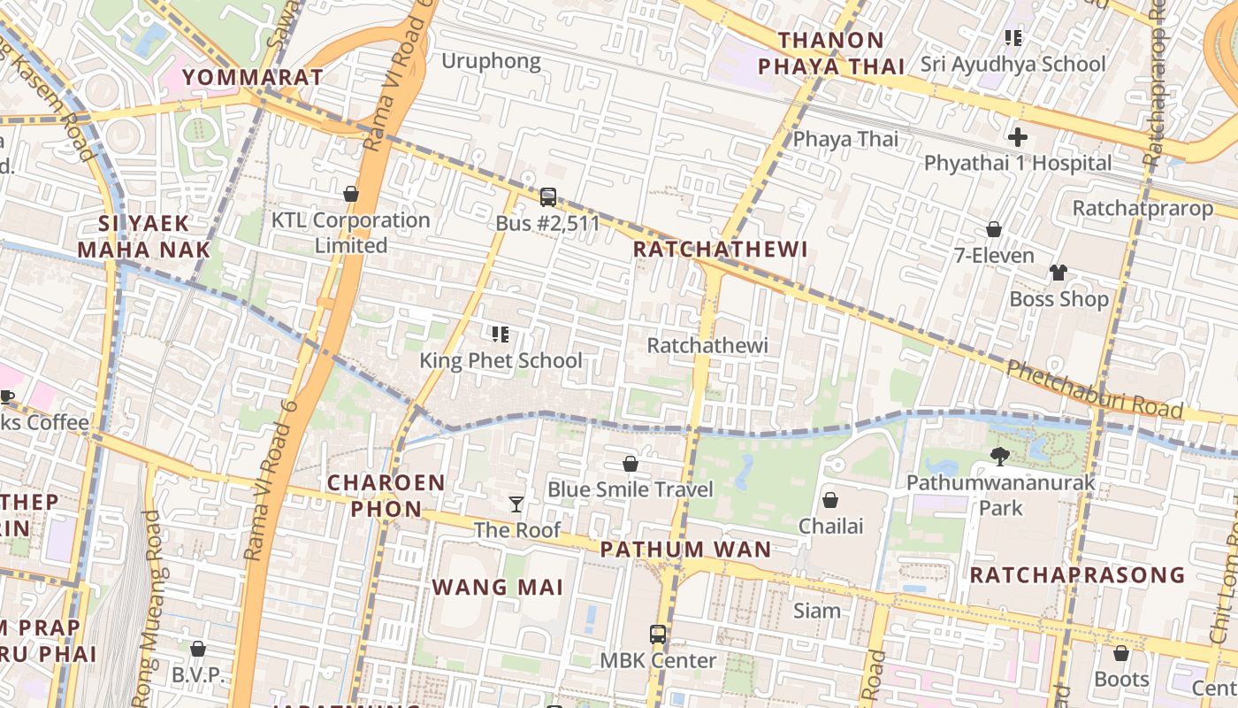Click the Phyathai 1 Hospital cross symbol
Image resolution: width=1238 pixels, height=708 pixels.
1018,137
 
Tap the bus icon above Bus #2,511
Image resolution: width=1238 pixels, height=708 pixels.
548,196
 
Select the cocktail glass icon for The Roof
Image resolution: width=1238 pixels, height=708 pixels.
516,504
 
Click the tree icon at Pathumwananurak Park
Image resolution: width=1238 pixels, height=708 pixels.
1000,457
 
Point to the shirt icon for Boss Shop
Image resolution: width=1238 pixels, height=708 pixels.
1058,273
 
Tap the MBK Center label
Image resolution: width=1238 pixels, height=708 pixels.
658,660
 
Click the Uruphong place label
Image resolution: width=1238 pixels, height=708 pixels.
491,61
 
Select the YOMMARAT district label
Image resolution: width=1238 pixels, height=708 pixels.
253,77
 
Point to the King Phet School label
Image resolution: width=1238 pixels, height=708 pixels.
501,360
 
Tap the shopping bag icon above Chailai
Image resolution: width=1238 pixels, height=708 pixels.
830,500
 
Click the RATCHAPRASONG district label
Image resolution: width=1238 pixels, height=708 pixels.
1077,575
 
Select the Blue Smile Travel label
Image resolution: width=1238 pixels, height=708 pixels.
630,489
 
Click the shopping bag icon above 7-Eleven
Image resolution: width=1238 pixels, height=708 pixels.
994,229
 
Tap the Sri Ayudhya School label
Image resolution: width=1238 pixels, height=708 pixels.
1013,64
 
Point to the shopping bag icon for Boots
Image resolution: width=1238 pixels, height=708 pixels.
1121,653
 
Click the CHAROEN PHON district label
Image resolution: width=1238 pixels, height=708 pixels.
386,496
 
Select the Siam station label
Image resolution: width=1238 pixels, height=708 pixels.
816,611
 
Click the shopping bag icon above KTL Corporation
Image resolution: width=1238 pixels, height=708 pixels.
351,194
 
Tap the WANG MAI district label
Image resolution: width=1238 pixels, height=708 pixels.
497,587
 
